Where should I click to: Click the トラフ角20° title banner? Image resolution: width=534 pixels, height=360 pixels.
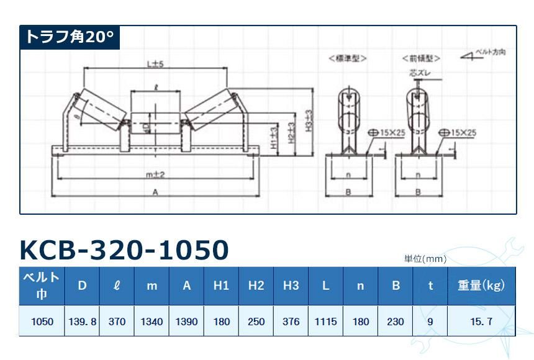[70, 38]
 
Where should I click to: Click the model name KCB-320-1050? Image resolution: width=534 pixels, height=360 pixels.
[124, 250]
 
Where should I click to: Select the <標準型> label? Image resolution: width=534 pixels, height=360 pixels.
[347, 58]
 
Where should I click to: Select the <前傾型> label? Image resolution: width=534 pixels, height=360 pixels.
[421, 58]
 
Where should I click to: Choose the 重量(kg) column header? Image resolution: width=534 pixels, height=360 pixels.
[481, 286]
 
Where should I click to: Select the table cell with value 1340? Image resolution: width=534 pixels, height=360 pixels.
[152, 322]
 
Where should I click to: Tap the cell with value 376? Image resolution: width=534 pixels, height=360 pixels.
[291, 322]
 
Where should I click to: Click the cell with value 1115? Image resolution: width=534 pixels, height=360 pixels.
[325, 322]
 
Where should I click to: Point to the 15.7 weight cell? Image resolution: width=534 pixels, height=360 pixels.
[481, 322]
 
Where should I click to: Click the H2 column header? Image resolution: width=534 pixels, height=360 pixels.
[256, 286]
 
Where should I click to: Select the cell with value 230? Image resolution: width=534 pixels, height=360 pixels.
[395, 322]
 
